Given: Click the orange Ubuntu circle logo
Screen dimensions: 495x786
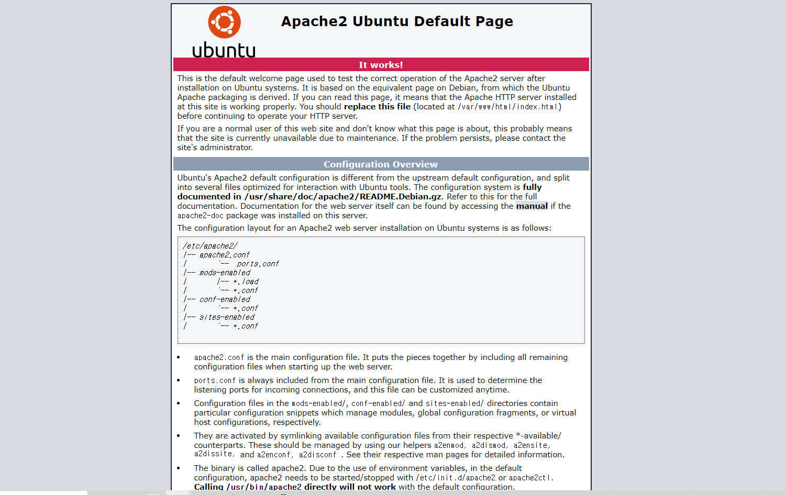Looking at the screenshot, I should tap(224, 22).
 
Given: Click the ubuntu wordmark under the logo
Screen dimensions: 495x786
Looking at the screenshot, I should tap(224, 50).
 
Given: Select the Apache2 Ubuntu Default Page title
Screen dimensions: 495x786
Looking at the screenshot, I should tap(397, 21).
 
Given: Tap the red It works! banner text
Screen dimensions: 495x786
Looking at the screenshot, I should tap(381, 65).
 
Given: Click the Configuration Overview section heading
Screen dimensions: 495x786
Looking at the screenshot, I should tap(381, 164).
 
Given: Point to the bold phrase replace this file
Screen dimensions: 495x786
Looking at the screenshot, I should tap(377, 107).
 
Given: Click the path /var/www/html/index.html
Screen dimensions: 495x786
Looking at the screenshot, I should tap(509, 107).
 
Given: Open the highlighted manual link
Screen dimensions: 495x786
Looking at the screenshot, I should tap(532, 206).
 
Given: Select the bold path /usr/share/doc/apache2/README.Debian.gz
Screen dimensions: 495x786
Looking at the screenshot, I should tap(343, 197).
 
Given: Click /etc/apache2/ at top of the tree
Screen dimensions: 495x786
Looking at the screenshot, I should tap(210, 246).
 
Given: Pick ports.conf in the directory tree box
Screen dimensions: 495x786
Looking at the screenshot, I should tap(258, 264).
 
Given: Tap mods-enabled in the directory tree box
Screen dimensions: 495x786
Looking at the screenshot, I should tap(225, 273).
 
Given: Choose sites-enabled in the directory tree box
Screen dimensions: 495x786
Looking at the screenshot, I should tap(227, 317).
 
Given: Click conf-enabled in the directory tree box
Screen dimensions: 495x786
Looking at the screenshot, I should tap(225, 299).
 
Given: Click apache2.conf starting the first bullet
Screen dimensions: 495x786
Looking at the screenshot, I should tap(219, 357).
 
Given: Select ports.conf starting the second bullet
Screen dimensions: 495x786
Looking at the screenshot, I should tap(215, 380).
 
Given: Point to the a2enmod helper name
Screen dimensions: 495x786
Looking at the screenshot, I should tap(449, 445).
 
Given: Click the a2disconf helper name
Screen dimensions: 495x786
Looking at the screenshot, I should tap(317, 455).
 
